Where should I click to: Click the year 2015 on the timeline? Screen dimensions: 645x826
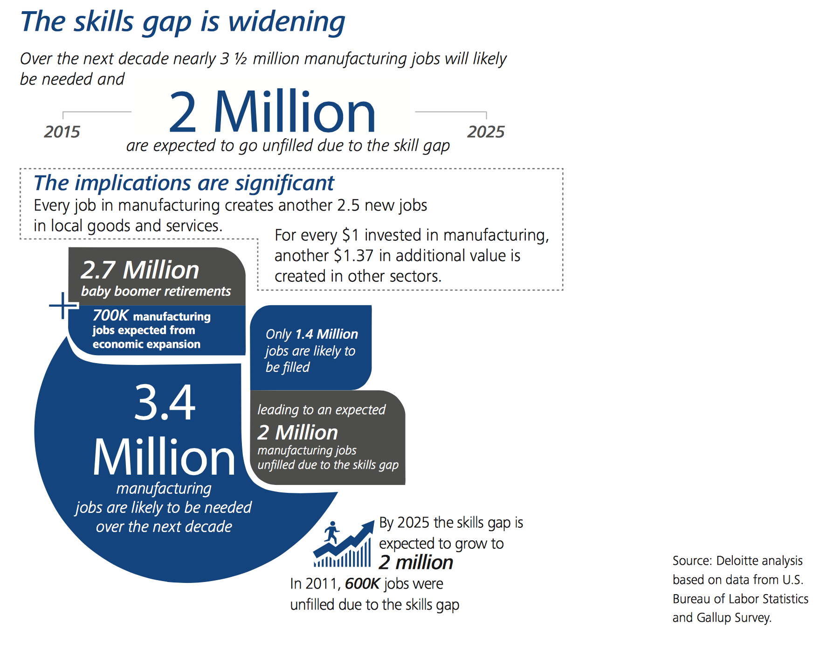pyautogui.click(x=62, y=132)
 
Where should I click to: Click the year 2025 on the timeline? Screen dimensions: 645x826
pyautogui.click(x=486, y=132)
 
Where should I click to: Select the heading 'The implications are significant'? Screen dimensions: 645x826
pyautogui.click(x=184, y=183)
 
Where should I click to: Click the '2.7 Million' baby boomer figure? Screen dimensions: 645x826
pyautogui.click(x=140, y=270)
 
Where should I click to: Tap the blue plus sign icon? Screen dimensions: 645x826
pyautogui.click(x=63, y=306)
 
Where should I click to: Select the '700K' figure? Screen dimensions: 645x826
pyautogui.click(x=110, y=315)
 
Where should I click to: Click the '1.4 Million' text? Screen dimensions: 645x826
pyautogui.click(x=326, y=334)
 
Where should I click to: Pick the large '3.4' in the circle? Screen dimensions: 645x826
pyautogui.click(x=165, y=402)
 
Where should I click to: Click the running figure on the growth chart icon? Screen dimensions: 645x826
pyautogui.click(x=331, y=532)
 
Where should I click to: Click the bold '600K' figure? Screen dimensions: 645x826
pyautogui.click(x=363, y=584)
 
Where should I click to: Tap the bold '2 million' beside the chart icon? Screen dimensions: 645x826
pyautogui.click(x=416, y=562)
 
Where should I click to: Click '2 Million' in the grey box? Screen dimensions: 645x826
pyautogui.click(x=297, y=433)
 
